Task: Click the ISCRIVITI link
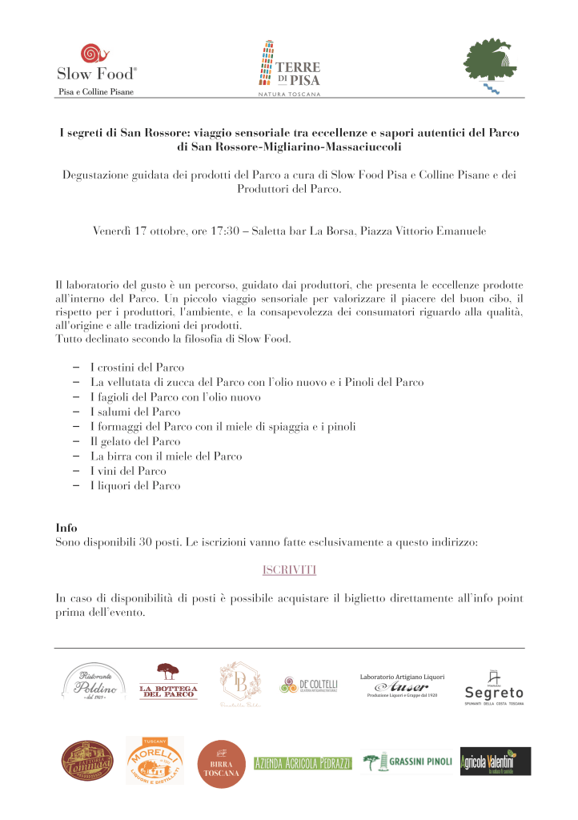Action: (289, 569)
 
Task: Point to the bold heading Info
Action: (66, 529)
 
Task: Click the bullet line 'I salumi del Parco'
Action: (135, 412)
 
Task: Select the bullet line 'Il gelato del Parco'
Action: (135, 441)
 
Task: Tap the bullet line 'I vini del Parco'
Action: (128, 471)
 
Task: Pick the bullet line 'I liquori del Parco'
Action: (135, 485)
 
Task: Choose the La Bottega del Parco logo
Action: (168, 682)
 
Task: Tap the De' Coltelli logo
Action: (308, 685)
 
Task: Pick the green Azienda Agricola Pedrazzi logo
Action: (302, 762)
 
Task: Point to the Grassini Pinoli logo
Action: (407, 762)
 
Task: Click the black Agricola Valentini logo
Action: (495, 762)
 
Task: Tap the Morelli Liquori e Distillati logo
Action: (155, 761)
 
